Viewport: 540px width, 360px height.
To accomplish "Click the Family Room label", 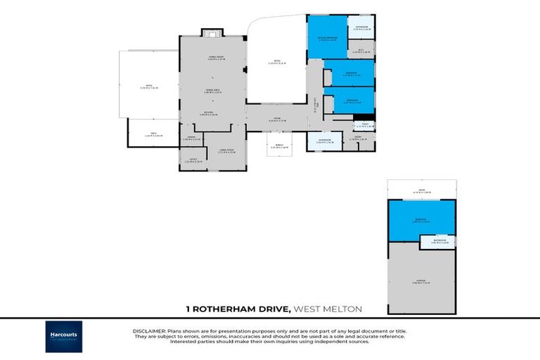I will click(211, 58).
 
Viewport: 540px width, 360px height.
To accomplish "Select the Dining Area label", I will click(211, 91).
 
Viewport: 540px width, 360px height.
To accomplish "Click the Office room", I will click(192, 160).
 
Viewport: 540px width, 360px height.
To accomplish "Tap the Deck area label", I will click(153, 134).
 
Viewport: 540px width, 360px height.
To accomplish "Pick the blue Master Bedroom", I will click(327, 39).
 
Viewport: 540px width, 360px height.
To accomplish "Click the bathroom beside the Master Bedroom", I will click(361, 27).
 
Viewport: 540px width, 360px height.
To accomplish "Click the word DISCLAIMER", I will click(148, 330).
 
